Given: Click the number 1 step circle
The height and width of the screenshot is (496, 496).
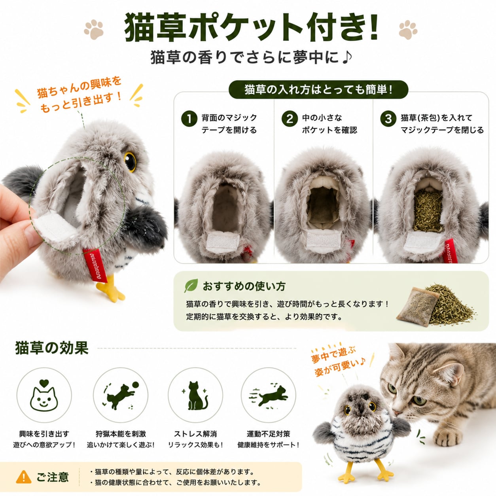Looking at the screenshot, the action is click(189, 119).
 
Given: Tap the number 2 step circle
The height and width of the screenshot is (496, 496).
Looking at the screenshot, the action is click(290, 119).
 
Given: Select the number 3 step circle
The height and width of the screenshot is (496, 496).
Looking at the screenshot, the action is click(388, 119).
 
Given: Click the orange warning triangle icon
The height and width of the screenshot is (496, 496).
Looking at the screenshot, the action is click(24, 477).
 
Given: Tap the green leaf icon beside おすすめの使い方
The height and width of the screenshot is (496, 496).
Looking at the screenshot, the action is click(191, 286).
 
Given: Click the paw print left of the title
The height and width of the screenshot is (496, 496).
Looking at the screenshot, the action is click(94, 30).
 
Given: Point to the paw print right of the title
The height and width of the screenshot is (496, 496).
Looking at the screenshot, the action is click(408, 30).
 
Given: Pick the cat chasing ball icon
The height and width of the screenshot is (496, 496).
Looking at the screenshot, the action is click(121, 396).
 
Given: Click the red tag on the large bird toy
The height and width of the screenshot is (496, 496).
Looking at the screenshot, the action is click(95, 265).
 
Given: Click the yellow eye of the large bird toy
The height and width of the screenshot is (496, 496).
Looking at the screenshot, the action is click(130, 161).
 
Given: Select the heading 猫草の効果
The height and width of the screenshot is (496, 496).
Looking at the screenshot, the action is click(52, 348).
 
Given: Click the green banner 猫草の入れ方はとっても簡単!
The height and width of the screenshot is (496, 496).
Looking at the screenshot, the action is click(318, 89).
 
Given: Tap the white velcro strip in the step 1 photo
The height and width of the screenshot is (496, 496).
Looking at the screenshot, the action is click(222, 242).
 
